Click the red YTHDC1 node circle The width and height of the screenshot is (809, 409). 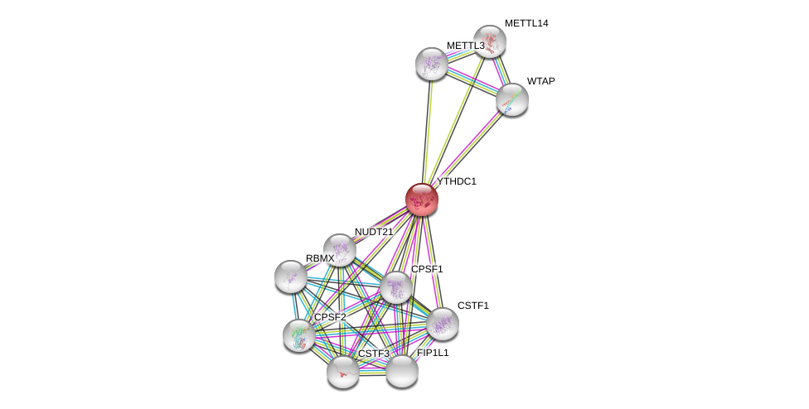(x=421, y=200)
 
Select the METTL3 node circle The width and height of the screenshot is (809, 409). (x=431, y=64)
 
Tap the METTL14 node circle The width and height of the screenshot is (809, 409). (x=490, y=41)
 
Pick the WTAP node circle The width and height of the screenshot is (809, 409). (x=512, y=99)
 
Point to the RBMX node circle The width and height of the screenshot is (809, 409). (x=291, y=277)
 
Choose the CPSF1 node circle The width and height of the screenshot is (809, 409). (x=396, y=287)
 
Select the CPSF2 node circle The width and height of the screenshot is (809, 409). (x=298, y=334)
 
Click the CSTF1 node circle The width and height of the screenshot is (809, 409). (x=442, y=324)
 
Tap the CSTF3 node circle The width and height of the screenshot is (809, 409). (x=342, y=372)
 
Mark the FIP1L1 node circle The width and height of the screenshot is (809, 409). (x=402, y=371)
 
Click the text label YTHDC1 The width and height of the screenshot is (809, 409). (x=457, y=181)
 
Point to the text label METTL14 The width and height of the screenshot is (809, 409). (x=526, y=23)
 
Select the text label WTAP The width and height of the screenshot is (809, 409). (x=540, y=81)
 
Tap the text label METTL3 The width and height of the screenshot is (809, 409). (x=465, y=46)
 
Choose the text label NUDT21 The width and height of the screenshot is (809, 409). (x=374, y=232)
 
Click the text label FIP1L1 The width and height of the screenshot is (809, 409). (x=433, y=353)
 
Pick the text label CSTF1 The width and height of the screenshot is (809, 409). (x=473, y=306)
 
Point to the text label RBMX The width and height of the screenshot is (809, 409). (x=320, y=258)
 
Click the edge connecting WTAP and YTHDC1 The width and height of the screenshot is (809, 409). (x=467, y=149)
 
